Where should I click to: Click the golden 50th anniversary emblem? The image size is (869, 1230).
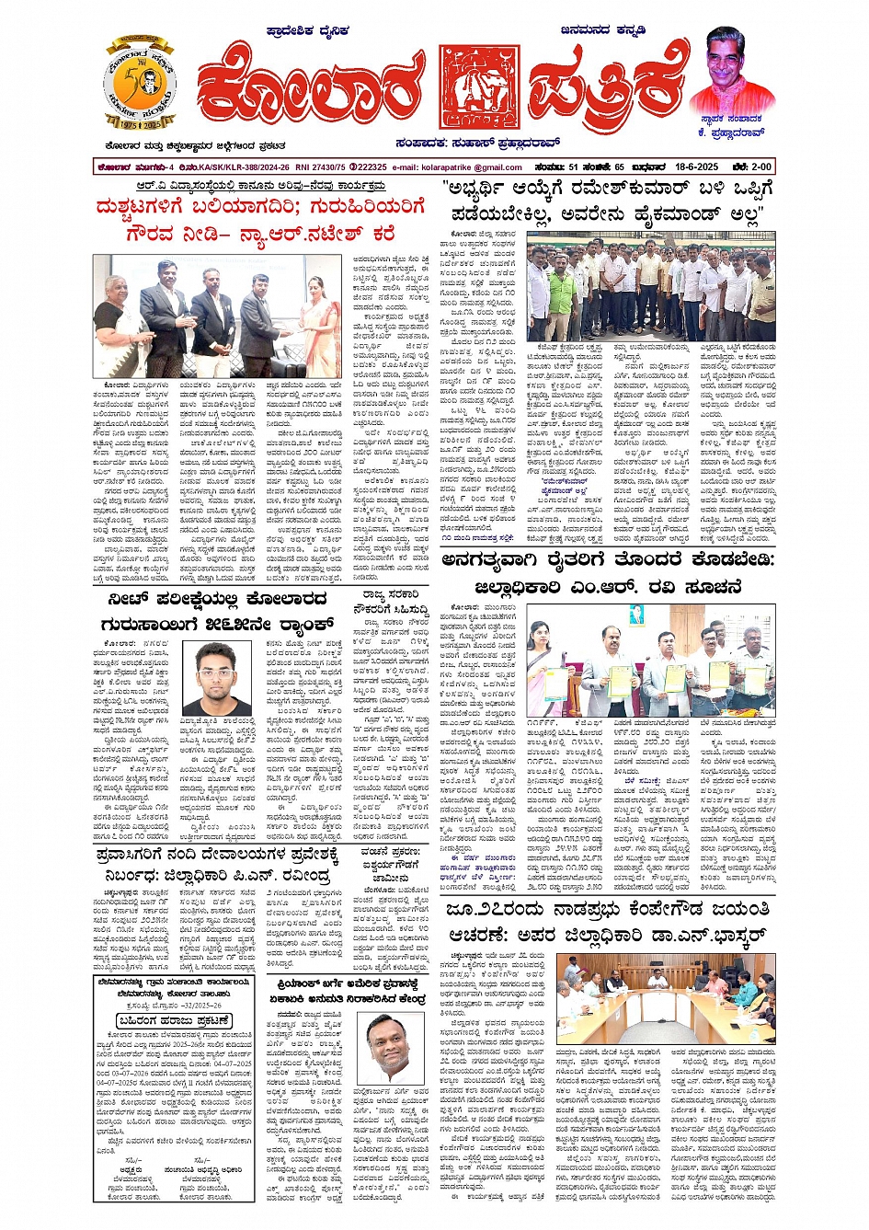[139, 84]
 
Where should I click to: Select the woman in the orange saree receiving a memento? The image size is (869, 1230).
[323, 313]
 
